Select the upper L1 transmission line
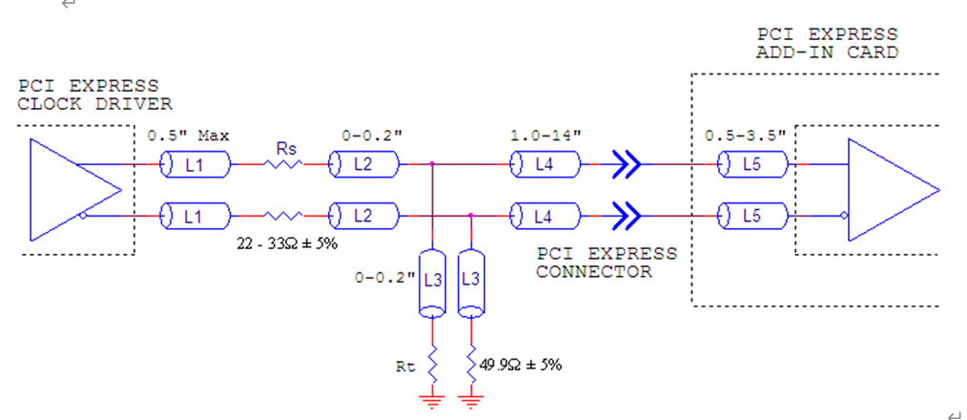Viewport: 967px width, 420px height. [195, 165]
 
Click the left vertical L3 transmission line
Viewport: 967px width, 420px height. [433, 283]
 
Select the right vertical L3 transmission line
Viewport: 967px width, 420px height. [470, 283]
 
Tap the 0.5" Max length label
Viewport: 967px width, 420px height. [189, 135]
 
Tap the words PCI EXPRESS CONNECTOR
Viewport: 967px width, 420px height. [607, 262]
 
